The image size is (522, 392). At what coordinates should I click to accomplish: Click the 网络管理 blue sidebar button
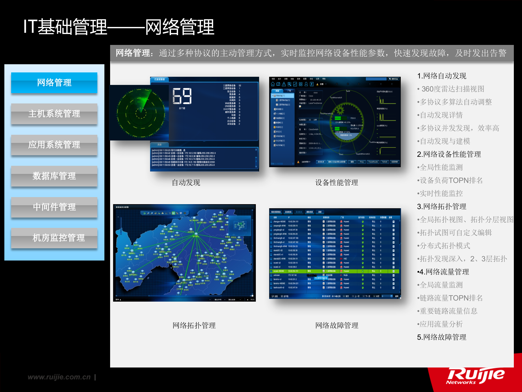[x=54, y=82]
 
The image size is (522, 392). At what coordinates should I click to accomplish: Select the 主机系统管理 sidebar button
[x=54, y=114]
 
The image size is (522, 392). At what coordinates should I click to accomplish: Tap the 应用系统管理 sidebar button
[x=54, y=145]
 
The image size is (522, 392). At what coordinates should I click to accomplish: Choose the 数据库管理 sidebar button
[x=54, y=176]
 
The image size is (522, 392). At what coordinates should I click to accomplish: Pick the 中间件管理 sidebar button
[x=54, y=207]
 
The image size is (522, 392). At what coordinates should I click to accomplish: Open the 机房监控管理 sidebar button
[x=58, y=238]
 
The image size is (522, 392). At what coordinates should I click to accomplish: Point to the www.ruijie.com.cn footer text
[x=59, y=377]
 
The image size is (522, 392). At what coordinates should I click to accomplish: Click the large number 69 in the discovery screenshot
[x=182, y=96]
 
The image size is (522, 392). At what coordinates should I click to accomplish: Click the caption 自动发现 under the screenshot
[x=186, y=183]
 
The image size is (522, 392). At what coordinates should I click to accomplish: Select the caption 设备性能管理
[x=337, y=183]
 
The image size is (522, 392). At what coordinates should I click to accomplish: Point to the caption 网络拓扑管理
[x=194, y=326]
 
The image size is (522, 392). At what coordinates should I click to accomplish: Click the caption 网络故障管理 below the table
[x=337, y=326]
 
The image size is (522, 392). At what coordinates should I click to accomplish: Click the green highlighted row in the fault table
[x=334, y=271]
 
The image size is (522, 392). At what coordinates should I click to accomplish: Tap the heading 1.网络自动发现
[x=442, y=76]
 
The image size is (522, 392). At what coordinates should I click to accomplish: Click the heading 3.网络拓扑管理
[x=442, y=207]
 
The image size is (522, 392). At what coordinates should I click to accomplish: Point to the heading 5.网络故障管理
[x=442, y=337]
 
